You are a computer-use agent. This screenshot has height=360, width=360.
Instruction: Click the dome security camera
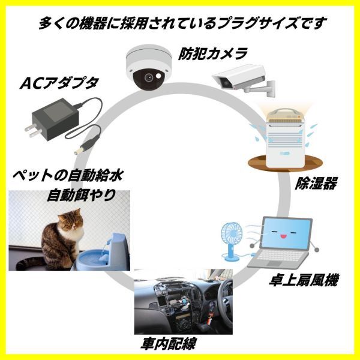149,67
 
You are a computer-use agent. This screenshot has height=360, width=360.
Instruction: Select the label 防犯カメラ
213,53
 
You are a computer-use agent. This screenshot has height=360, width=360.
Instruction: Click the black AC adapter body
55,119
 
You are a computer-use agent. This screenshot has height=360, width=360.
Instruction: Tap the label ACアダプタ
59,83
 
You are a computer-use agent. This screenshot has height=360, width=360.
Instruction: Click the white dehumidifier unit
284,139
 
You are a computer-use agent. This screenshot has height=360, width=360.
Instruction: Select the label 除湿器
316,183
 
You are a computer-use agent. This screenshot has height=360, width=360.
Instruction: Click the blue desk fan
232,242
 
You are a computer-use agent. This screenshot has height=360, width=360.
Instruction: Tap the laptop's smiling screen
286,233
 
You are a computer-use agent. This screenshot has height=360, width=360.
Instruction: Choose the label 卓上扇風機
304,280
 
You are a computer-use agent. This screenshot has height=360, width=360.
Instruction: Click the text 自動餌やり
81,195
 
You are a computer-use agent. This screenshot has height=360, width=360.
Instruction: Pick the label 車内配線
169,344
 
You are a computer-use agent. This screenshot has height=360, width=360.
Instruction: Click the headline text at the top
182,23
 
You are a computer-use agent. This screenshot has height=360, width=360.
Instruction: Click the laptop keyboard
278,256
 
